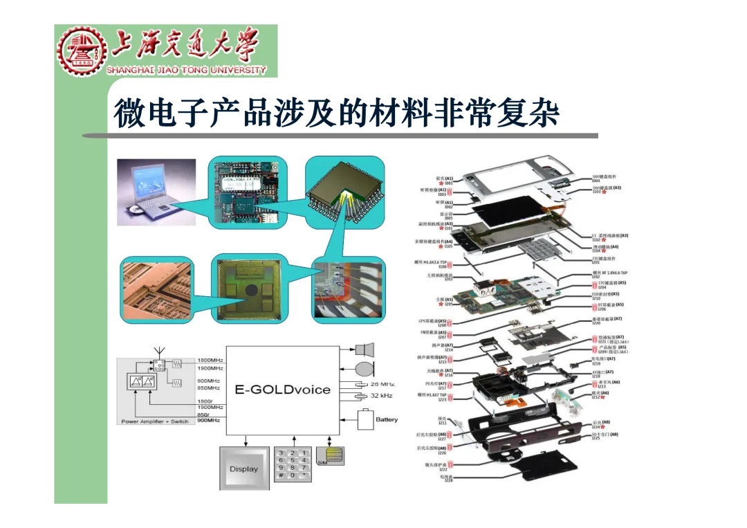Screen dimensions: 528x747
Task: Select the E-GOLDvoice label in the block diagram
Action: tap(282, 390)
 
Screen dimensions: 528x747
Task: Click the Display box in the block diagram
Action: tap(243, 468)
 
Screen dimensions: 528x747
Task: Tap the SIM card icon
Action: tap(330, 456)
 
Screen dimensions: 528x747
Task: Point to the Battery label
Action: tap(387, 419)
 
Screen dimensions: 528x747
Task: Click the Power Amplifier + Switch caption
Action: tap(155, 421)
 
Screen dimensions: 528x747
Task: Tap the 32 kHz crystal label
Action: tap(382, 395)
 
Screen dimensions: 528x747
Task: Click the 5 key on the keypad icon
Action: tap(293, 460)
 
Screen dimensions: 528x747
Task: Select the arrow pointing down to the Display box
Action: tap(244, 440)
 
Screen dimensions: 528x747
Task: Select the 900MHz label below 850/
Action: tap(209, 421)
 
